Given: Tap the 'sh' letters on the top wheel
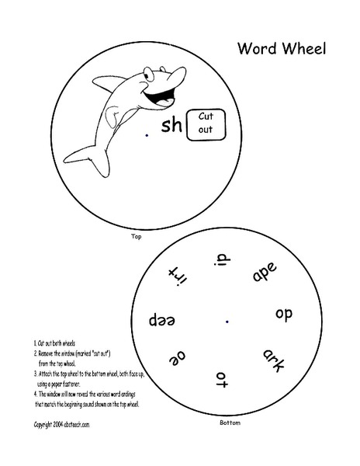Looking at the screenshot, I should pos(171,126).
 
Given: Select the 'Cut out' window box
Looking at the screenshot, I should pos(206,124).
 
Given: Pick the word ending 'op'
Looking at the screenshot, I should pos(282,315).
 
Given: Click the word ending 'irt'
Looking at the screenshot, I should pos(178,273).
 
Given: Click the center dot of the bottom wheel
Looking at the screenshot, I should pos(227,319).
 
